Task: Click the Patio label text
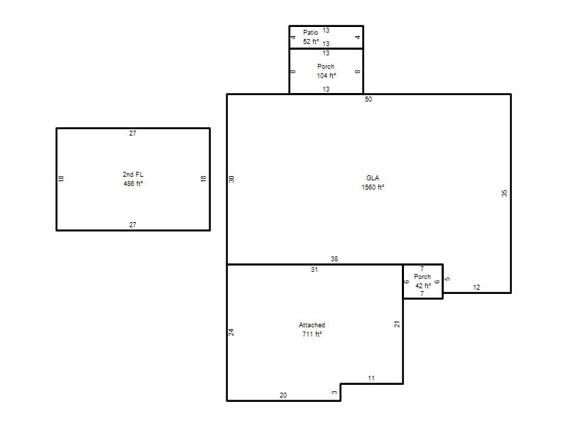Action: point(310,33)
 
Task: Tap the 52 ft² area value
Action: point(311,42)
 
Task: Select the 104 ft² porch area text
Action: point(326,76)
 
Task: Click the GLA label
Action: point(373,178)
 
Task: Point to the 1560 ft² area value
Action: point(373,187)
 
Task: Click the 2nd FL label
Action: point(133,174)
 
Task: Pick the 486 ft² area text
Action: point(133,184)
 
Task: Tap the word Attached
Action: point(312,325)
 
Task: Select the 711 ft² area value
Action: point(312,334)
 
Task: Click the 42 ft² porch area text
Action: point(423,286)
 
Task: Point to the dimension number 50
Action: point(368,99)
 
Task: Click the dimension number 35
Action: point(505,193)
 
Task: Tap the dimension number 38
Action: point(334,259)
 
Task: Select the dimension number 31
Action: point(315,270)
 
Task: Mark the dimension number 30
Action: point(232,179)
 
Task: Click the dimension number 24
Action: point(231,332)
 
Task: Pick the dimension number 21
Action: point(397,324)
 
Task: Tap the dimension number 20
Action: point(283,395)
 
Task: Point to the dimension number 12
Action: point(476,288)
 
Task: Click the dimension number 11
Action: point(371,378)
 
